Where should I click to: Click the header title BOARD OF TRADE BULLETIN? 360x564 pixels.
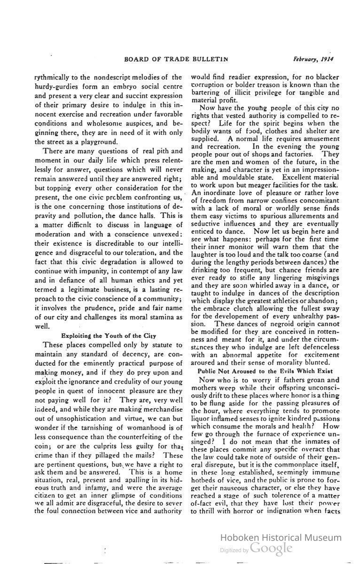pos(176,59)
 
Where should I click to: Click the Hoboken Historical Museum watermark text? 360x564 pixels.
pos(281,538)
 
